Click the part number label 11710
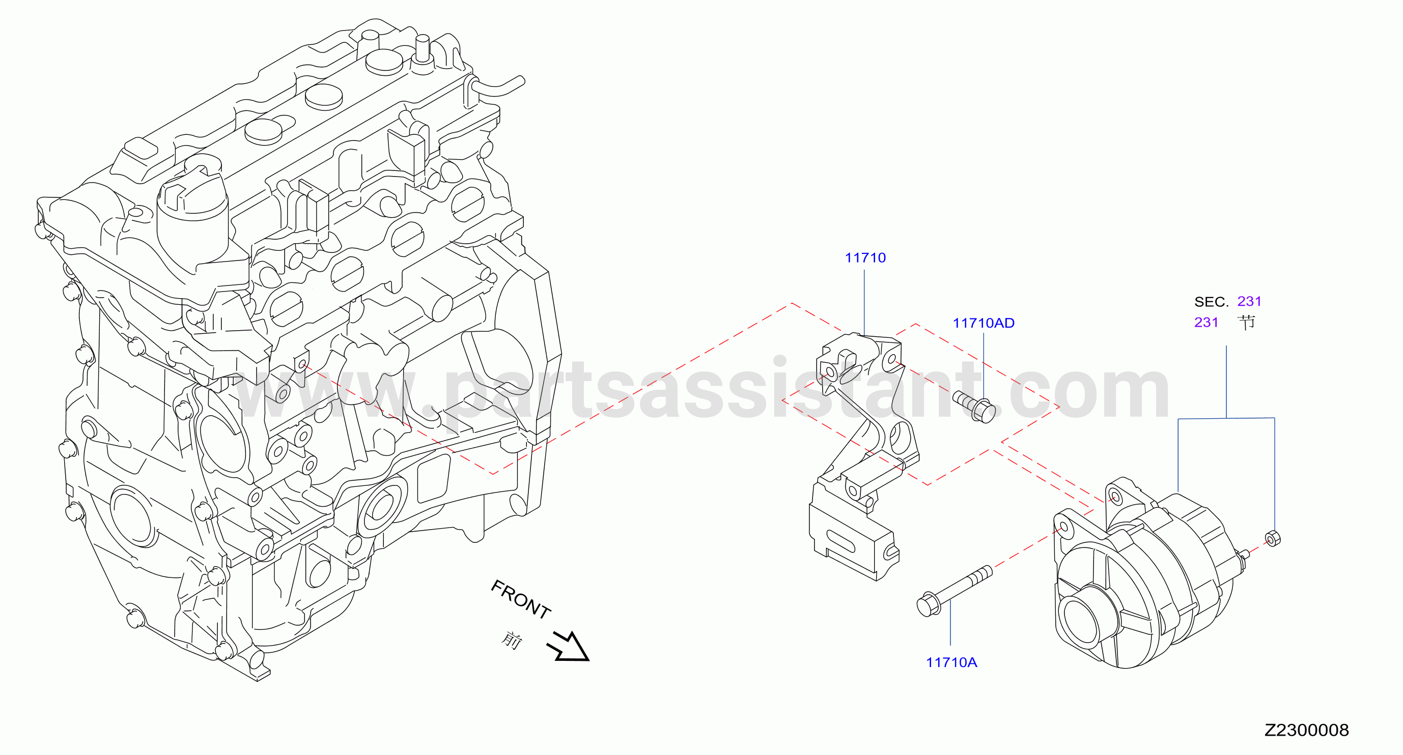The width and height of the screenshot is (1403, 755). (x=865, y=257)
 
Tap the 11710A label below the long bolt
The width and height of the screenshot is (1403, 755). (x=951, y=662)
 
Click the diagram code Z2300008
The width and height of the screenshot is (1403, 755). (x=1306, y=730)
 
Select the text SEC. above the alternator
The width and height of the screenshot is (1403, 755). (x=1211, y=302)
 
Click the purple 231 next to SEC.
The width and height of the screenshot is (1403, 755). (x=1249, y=301)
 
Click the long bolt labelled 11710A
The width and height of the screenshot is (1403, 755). (x=954, y=591)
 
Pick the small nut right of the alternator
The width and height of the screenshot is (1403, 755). (x=1272, y=538)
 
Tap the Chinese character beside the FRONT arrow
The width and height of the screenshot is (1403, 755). (x=512, y=640)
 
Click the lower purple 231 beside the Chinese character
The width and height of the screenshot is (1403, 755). (x=1206, y=322)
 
